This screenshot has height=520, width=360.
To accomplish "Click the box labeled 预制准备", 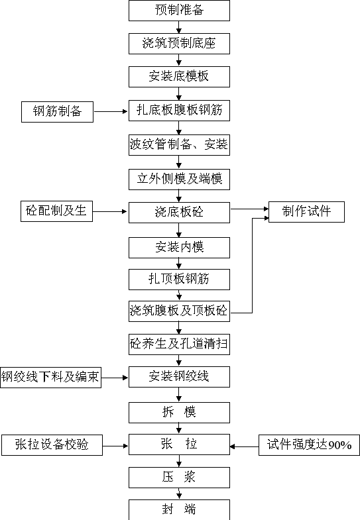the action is (179, 11).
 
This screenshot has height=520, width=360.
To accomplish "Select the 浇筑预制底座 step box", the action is (179, 44).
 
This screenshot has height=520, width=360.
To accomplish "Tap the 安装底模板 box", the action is (179, 77).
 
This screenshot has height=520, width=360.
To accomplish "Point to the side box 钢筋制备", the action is (58, 112).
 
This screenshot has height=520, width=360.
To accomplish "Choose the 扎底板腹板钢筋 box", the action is (179, 111).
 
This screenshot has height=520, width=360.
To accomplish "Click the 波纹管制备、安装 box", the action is (179, 145).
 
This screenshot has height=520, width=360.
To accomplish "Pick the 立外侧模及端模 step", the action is (179, 180).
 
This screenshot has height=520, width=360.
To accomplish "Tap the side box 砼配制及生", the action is (56, 211).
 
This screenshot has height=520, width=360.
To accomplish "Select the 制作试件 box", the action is (306, 212).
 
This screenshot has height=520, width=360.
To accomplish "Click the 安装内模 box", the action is (179, 248).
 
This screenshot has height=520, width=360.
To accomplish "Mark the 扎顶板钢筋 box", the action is (179, 280).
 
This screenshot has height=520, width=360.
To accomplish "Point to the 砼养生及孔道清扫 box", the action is (179, 344).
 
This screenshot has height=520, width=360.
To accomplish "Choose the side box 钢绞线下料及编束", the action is (51, 378).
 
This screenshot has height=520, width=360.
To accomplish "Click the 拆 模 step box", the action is (179, 413).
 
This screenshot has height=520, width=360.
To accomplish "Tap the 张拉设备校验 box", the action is (52, 445).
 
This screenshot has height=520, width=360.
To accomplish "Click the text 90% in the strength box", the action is (339, 445).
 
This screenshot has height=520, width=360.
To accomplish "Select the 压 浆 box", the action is (179, 478).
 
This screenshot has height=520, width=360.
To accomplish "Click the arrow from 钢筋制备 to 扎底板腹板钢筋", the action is (111, 112).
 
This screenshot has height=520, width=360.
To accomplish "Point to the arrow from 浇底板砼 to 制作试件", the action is (249, 209).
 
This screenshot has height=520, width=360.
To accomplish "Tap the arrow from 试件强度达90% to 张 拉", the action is (244, 446).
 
